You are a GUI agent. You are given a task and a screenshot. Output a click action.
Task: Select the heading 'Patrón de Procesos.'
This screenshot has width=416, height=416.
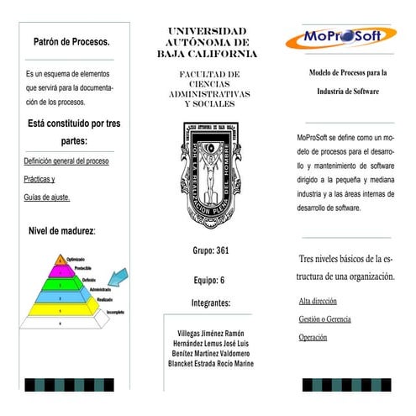tap(71, 41)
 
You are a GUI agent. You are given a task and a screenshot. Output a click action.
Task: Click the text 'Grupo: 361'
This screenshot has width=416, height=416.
tap(210, 250)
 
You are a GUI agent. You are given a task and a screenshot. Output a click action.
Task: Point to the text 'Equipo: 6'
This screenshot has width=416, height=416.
tap(209, 280)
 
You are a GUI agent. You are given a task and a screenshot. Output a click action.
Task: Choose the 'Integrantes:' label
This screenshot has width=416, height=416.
tap(210, 302)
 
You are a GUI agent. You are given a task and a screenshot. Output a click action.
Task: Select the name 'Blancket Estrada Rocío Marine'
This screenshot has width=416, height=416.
tap(210, 363)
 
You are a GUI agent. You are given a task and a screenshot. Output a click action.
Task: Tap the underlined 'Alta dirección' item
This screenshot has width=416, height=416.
tap(318, 300)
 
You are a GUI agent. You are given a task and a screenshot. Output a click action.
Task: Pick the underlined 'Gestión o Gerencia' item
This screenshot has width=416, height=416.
tap(324, 319)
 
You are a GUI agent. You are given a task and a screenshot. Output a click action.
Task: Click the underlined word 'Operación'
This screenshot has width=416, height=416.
tap(313, 338)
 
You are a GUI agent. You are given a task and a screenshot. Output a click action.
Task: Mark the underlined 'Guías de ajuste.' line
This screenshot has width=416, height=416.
tap(47, 197)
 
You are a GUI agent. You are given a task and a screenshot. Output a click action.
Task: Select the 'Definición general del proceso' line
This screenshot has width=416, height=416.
tap(66, 161)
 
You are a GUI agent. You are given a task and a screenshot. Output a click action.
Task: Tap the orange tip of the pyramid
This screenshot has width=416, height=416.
tap(60, 261)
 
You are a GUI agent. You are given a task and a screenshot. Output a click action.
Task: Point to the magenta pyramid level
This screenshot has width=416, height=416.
tap(59, 271)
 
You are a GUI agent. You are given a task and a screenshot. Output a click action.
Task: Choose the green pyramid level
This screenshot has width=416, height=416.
tap(59, 283)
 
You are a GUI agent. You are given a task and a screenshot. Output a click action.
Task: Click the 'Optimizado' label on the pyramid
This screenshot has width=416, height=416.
tap(76, 259)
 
